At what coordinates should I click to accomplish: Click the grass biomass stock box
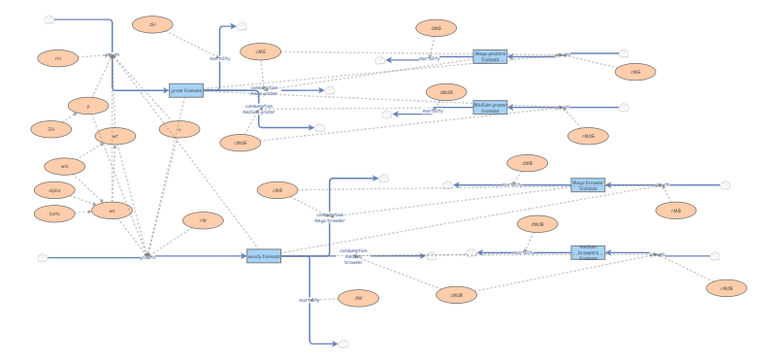(185, 90)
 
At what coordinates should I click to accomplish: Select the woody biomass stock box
(263, 256)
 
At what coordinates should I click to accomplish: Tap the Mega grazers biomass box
(490, 57)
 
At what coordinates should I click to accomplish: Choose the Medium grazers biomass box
(490, 108)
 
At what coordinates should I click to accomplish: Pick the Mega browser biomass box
(588, 183)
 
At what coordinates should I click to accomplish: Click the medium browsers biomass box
(588, 252)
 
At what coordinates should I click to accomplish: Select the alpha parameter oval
(54, 189)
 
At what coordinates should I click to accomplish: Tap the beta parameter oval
(54, 213)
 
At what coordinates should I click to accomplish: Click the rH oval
(58, 58)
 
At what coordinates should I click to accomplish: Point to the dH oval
(152, 24)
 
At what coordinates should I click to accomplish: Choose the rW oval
(203, 220)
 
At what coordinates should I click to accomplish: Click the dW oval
(358, 297)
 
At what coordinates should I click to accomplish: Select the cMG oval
(260, 51)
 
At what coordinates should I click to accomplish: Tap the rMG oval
(635, 72)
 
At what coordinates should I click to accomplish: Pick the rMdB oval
(726, 287)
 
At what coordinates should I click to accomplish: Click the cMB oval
(277, 190)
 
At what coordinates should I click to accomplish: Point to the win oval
(65, 166)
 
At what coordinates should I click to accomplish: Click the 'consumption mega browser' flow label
(330, 217)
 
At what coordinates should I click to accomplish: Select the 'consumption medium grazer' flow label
(259, 109)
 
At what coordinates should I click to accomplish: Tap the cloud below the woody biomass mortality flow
(343, 344)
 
